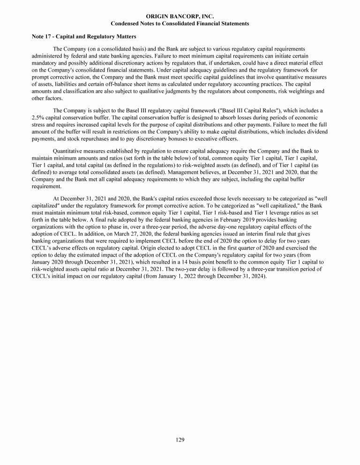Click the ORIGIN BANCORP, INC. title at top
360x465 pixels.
[180, 16]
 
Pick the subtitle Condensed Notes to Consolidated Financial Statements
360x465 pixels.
[180, 23]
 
